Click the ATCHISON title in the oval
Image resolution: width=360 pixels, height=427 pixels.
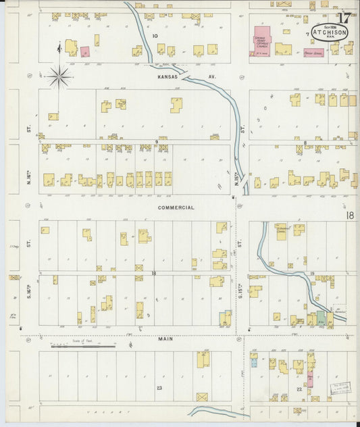point(330,30)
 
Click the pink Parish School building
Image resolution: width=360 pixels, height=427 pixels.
point(313,52)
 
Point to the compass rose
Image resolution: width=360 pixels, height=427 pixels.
point(59,77)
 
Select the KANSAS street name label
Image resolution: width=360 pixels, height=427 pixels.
point(168,77)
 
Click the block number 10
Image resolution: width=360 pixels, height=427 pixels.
point(155,35)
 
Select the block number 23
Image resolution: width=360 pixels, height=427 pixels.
point(159,388)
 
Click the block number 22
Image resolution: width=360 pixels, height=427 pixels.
point(299,390)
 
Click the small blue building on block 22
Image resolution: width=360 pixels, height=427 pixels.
point(254,363)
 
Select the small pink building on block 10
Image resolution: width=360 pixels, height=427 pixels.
point(85,51)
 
